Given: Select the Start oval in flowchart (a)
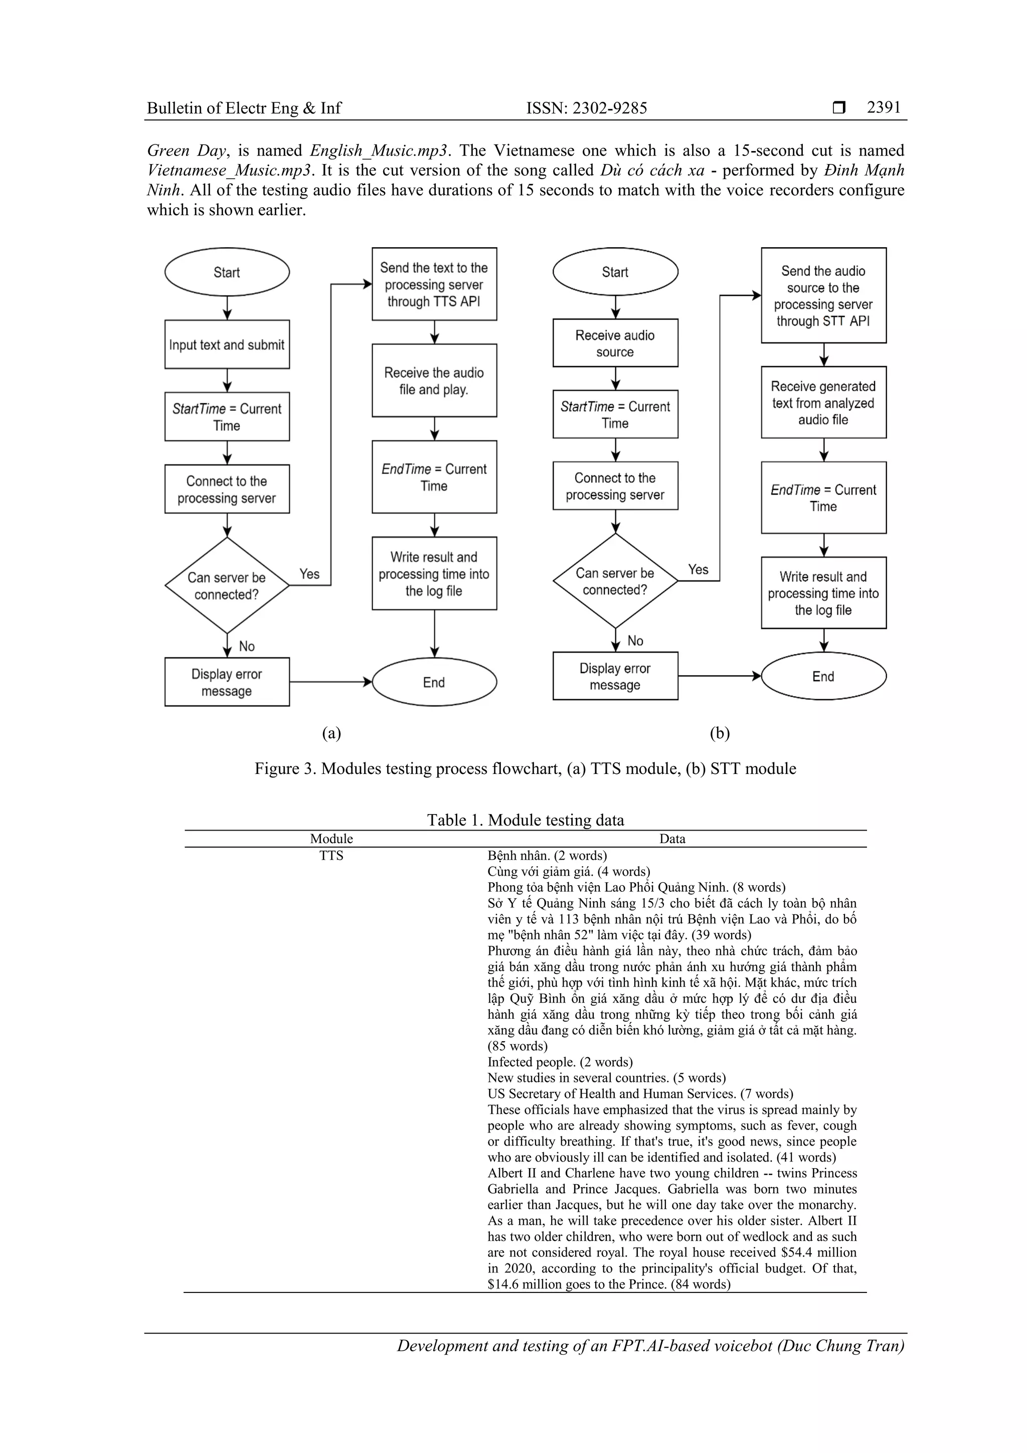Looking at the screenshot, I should pyautogui.click(x=227, y=272).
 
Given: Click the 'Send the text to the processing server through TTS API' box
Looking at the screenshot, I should pyautogui.click(x=434, y=284).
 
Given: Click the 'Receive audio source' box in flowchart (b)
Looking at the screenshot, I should pyautogui.click(x=615, y=343).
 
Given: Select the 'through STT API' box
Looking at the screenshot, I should pyautogui.click(x=823, y=295).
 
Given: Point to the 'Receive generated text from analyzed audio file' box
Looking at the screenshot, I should pyautogui.click(x=823, y=402).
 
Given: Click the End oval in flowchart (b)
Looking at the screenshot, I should pyautogui.click(x=823, y=677).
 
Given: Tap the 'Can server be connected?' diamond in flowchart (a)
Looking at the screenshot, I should pyautogui.click(x=227, y=585).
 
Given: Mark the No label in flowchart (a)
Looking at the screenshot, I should pyautogui.click(x=247, y=646).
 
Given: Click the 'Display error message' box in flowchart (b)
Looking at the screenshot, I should pyautogui.click(x=615, y=677).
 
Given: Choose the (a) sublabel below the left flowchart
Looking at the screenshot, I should pyautogui.click(x=331, y=733).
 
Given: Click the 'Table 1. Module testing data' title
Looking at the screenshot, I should pyautogui.click(x=525, y=820).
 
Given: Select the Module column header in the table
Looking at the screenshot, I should pyautogui.click(x=331, y=839).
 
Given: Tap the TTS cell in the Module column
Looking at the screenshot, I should pyautogui.click(x=331, y=856).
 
